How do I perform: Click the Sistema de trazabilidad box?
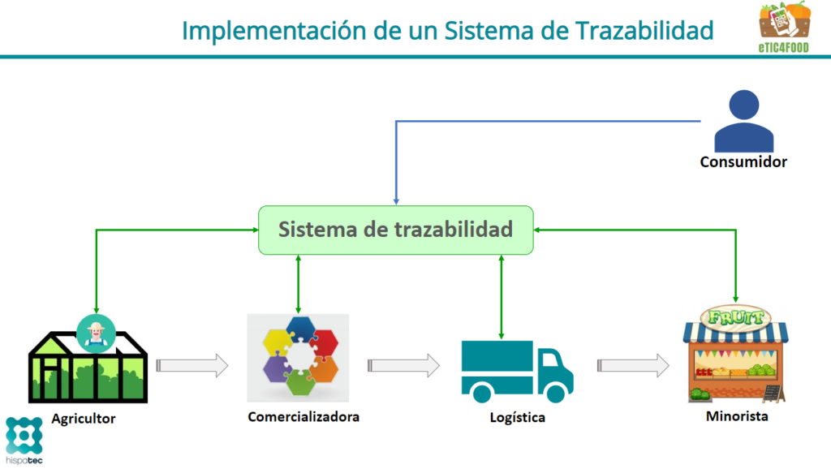coord(396,230)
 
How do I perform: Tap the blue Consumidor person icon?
coord(743,122)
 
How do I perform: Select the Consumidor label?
coord(743,161)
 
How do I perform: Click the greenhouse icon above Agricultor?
coord(88,367)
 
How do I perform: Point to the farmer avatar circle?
coord(96,333)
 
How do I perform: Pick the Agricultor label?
coord(84,419)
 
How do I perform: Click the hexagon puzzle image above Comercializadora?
coord(298,358)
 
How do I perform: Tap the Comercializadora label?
coord(304,416)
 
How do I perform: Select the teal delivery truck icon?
coord(517,372)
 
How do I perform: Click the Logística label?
coord(517,417)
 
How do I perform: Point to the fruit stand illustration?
coord(735,354)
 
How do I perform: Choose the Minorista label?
coord(737,416)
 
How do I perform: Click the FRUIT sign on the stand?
coord(735,317)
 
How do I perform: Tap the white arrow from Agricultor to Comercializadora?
coord(192,365)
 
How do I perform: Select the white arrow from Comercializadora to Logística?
coord(403,365)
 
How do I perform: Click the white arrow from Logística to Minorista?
coord(633,365)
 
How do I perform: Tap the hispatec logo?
coord(24,441)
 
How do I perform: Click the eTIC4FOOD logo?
coord(784,27)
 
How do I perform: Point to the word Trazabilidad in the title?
coord(644,30)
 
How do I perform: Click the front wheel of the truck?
coord(555,394)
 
